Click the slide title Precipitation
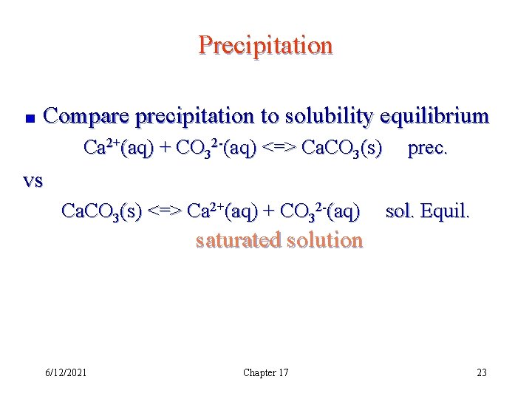[265, 46]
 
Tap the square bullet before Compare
[27, 117]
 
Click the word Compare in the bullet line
[86, 116]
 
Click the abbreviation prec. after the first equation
[427, 149]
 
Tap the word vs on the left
[33, 181]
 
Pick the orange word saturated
[239, 241]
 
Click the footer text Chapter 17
[265, 372]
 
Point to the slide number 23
[482, 372]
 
